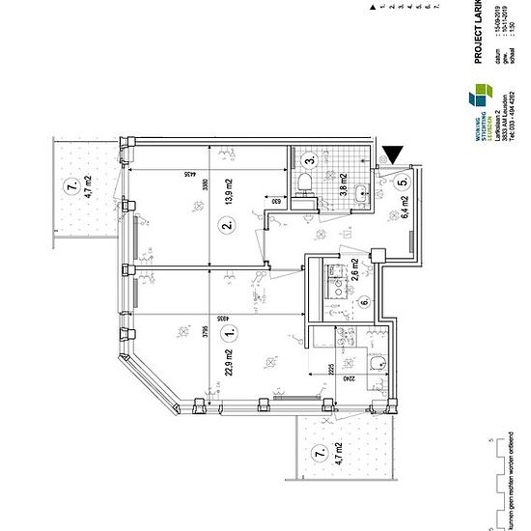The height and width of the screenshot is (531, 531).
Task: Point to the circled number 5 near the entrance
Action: click(403, 177)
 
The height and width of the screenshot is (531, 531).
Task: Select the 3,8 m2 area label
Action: click(343, 183)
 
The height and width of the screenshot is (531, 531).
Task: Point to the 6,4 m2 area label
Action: click(405, 208)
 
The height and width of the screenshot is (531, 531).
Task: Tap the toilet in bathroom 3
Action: click(304, 183)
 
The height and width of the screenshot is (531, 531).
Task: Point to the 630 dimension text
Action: click(273, 202)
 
